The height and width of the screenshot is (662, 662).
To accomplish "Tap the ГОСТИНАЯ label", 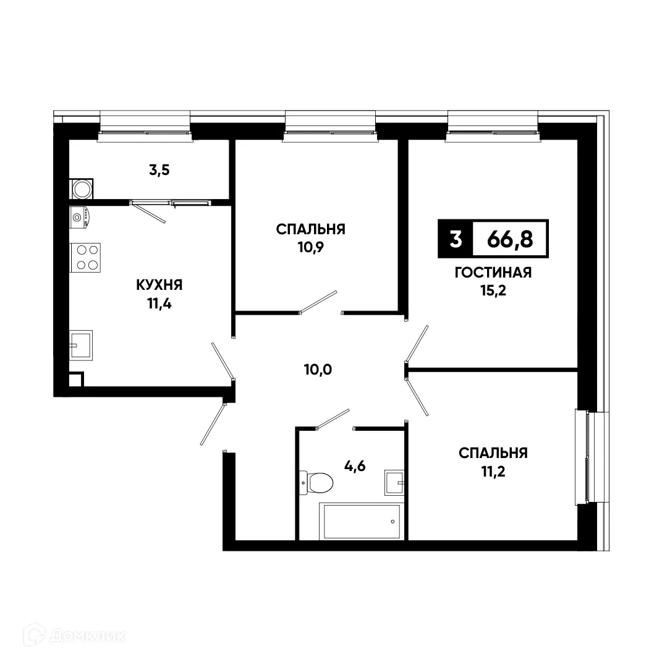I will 493,273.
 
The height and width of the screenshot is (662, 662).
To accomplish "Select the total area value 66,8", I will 509,239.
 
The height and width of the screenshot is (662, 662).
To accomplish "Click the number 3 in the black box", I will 456,239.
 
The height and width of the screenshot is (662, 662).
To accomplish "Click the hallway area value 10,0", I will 318,370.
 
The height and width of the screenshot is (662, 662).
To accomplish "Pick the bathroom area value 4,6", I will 355,466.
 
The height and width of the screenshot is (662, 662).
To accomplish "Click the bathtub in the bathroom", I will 359,521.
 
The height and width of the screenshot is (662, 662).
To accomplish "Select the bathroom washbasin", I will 394,482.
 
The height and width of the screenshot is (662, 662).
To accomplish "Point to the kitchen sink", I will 81,345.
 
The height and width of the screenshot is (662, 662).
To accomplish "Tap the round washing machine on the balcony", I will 81,189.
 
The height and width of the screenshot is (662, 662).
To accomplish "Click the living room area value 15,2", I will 493,291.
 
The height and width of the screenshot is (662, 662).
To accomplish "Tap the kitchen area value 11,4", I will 159,303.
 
